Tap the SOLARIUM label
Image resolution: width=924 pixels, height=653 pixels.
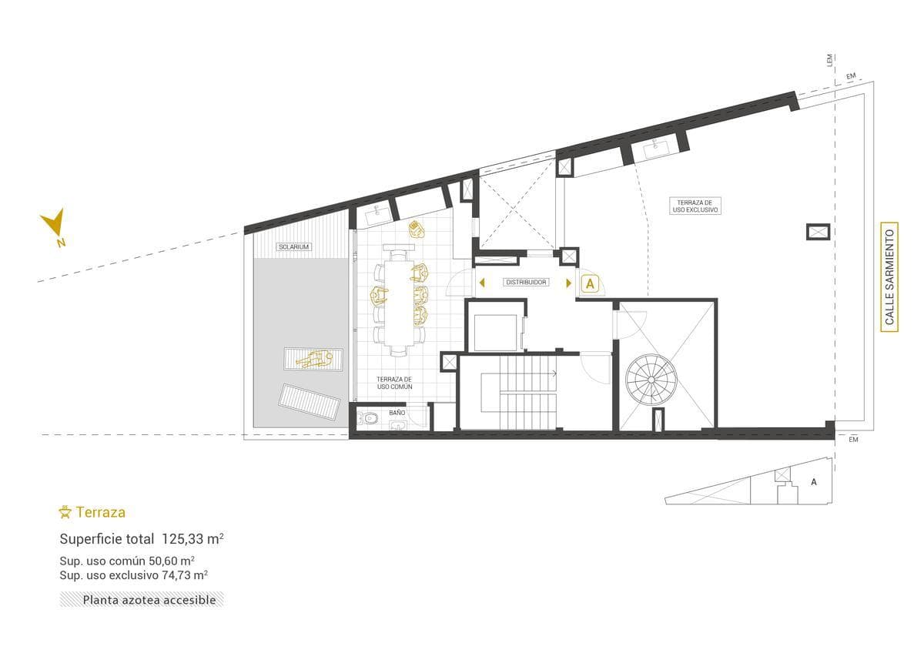(x=293, y=246)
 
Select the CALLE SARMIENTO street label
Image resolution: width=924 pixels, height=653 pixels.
(x=889, y=276)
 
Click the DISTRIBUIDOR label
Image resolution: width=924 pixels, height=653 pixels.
(x=526, y=283)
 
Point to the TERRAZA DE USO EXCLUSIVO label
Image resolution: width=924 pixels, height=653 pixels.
(x=695, y=206)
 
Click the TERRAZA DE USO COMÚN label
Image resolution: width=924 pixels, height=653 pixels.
(x=394, y=383)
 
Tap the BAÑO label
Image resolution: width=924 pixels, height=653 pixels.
(x=397, y=413)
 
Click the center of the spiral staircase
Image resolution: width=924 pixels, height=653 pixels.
(x=651, y=380)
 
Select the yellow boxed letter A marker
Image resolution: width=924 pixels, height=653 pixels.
(x=591, y=284)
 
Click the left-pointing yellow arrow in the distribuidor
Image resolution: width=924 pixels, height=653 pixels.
(x=482, y=283)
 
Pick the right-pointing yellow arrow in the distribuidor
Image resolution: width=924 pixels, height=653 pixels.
(x=569, y=283)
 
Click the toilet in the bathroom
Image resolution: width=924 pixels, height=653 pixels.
(x=369, y=419)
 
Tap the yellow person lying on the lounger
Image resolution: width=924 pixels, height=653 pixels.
(x=314, y=360)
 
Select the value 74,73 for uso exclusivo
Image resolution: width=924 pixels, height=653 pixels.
(x=176, y=575)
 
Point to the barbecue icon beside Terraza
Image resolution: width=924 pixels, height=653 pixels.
(x=65, y=512)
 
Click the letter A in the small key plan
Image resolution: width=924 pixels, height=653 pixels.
(x=813, y=482)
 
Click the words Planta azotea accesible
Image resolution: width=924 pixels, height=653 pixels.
(x=149, y=600)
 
